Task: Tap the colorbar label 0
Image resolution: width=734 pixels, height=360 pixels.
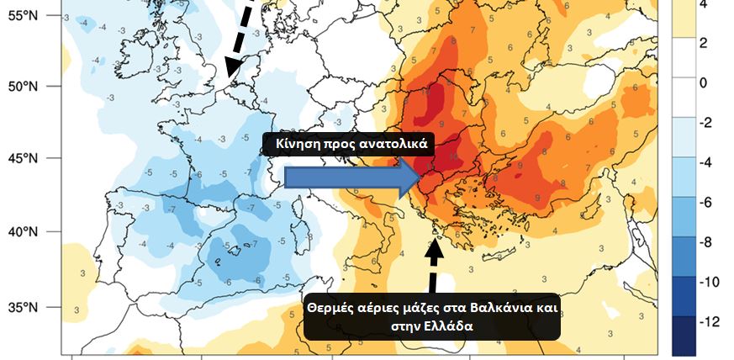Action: click(705, 83)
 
